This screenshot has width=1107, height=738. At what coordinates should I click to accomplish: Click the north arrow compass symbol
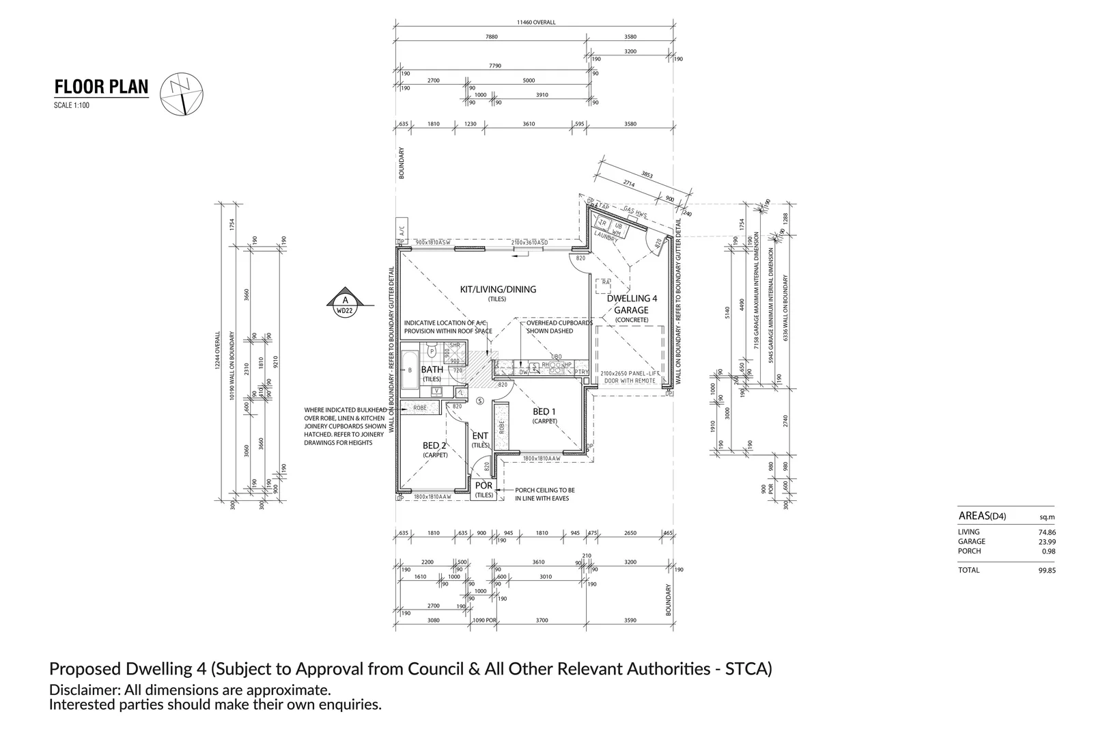coord(182,94)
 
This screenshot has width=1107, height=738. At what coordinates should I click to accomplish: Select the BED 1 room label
coord(544,411)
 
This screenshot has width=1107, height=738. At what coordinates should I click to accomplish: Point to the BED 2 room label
coord(435,446)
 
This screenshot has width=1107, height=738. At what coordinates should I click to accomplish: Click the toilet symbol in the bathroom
coord(432,352)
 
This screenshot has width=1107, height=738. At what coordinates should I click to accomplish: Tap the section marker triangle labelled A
coord(346,301)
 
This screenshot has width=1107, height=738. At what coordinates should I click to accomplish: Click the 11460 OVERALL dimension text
coord(536,22)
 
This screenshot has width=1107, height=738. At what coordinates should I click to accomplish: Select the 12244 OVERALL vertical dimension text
coord(218,352)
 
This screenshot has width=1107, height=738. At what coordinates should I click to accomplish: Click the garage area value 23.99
coord(1046,541)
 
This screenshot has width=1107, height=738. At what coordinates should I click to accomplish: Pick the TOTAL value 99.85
coord(1046,570)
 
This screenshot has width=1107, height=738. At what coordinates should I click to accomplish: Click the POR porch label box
coord(484,489)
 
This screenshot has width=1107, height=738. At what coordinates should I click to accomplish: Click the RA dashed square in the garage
coord(603,282)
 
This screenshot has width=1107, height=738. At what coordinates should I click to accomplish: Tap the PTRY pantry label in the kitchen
coord(580,372)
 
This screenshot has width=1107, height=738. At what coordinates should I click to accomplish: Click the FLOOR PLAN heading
coord(101,87)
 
